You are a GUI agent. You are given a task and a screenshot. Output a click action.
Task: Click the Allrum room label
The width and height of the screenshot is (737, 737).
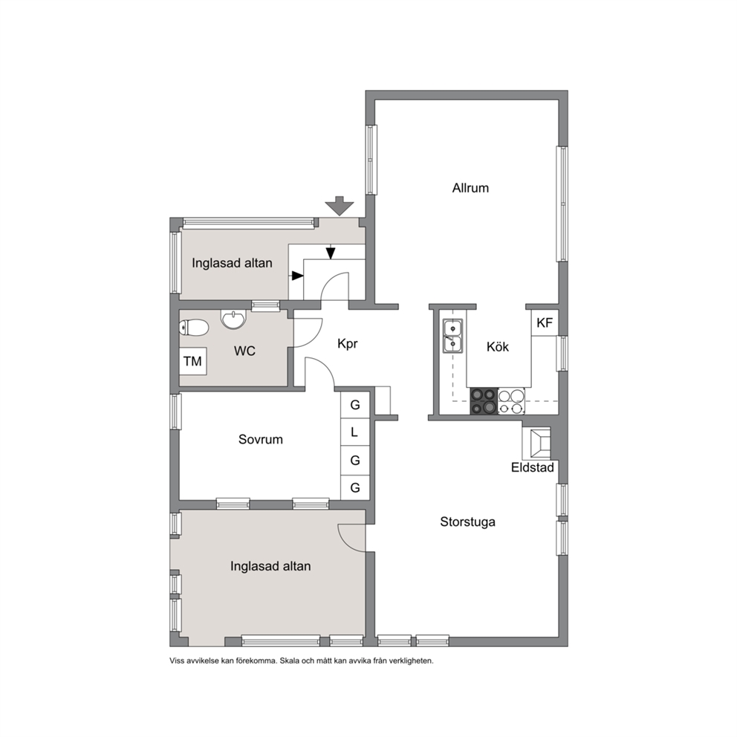(x=470, y=188)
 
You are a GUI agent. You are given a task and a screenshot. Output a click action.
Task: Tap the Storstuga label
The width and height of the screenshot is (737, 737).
(x=467, y=522)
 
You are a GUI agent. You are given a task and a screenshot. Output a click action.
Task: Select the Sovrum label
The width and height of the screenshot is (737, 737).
(x=260, y=440)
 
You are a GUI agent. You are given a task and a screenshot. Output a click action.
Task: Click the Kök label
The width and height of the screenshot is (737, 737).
(x=498, y=347)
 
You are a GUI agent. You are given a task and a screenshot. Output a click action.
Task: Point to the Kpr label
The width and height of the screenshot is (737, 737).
(x=348, y=344)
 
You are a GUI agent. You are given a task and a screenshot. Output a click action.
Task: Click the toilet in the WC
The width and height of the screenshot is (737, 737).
(x=194, y=328)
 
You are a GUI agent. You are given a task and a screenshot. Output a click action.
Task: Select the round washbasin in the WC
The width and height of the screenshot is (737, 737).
(x=233, y=319)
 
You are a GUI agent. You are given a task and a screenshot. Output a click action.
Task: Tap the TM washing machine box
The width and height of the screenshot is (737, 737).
(x=192, y=361)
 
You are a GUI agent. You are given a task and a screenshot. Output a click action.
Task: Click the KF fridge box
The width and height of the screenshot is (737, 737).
(x=545, y=322)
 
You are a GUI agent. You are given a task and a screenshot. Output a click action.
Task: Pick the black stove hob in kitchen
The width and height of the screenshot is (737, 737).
(x=484, y=401)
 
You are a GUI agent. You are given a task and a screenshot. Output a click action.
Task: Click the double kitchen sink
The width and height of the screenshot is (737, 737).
(x=453, y=336)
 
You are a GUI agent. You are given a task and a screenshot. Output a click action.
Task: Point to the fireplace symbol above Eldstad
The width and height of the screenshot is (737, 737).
(x=536, y=443)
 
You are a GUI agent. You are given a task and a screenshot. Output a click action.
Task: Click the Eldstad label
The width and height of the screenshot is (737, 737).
(x=533, y=467)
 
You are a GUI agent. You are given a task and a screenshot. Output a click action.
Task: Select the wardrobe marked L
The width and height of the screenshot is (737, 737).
(x=355, y=432)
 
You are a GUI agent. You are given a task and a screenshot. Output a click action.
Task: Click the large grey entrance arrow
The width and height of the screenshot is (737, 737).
(x=340, y=206)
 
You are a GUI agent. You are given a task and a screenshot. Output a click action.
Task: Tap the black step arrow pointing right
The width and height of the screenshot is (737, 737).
(x=297, y=276)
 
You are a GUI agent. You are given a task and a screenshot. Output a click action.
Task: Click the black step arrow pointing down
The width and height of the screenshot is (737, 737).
(x=331, y=253)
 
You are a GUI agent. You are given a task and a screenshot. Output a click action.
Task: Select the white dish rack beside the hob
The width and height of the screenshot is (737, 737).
(x=511, y=401)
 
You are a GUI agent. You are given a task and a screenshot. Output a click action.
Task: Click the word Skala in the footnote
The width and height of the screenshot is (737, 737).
(x=290, y=661)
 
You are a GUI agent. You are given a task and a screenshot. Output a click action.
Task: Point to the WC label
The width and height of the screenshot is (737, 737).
(x=245, y=351)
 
